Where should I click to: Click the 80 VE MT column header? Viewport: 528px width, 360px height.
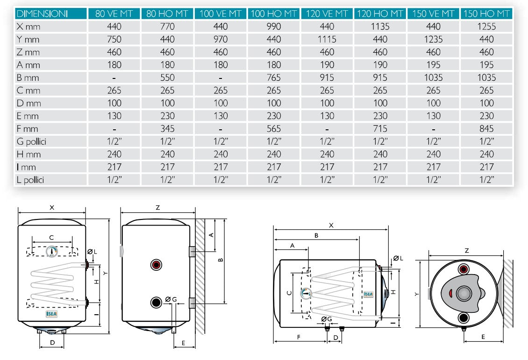(114, 14)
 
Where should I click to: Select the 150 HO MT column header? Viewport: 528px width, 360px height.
(486, 14)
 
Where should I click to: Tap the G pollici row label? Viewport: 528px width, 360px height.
(31, 141)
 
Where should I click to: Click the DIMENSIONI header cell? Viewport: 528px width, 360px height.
(42, 14)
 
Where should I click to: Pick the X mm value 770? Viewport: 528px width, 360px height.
(167, 27)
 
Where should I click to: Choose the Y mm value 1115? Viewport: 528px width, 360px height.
(327, 39)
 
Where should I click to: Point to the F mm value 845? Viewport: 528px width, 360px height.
(486, 129)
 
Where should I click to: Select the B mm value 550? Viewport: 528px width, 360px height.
(167, 78)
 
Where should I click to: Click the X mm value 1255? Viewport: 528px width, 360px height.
(486, 27)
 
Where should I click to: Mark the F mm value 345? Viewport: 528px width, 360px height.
(167, 129)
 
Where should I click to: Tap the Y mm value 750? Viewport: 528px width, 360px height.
(114, 39)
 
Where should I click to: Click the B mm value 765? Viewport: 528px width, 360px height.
(274, 78)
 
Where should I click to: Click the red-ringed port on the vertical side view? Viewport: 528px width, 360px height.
(156, 265)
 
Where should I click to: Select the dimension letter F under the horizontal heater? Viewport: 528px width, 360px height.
(298, 336)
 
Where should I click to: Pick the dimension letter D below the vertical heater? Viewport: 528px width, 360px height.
(52, 343)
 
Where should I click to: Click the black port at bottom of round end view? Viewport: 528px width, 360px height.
(464, 318)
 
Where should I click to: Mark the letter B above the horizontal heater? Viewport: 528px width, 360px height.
(316, 236)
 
